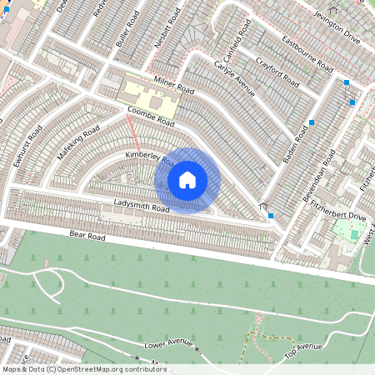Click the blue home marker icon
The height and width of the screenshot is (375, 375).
187,180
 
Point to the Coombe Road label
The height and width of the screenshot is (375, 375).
151,116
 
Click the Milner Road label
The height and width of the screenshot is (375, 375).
173,85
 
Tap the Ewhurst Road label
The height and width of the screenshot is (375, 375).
27,147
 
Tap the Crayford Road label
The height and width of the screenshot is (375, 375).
277,72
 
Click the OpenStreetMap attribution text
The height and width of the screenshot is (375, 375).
83,369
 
